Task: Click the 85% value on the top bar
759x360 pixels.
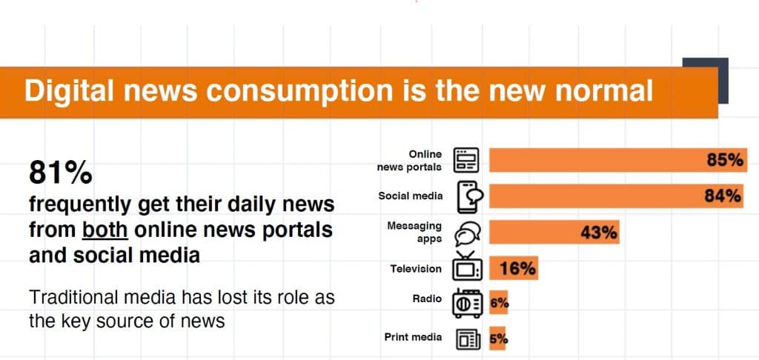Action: coord(725,160)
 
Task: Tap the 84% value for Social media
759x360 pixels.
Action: coord(723,196)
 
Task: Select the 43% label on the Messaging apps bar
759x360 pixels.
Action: coord(599,233)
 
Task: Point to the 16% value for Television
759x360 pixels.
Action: coord(517,268)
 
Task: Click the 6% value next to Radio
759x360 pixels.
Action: coord(499,304)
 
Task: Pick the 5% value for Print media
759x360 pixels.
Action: coord(499,339)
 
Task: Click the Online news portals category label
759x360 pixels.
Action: coord(409,161)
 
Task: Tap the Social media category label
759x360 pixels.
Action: coord(410,196)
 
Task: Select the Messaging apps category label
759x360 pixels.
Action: coord(414,232)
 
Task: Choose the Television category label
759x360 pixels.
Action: coord(416,269)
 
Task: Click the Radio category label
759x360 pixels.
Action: coord(427,299)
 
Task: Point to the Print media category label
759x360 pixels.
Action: coord(413,337)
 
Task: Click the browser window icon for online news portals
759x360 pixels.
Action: coord(466,160)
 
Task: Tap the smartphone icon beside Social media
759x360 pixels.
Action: coord(469,197)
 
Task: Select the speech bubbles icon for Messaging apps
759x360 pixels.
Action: coord(467,234)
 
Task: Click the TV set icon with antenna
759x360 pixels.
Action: coord(467,267)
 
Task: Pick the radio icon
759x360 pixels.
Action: coord(467,304)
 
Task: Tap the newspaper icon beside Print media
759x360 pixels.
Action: coord(468,339)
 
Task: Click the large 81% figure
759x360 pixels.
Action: coord(61,173)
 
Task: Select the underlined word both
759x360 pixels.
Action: coord(105,230)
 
